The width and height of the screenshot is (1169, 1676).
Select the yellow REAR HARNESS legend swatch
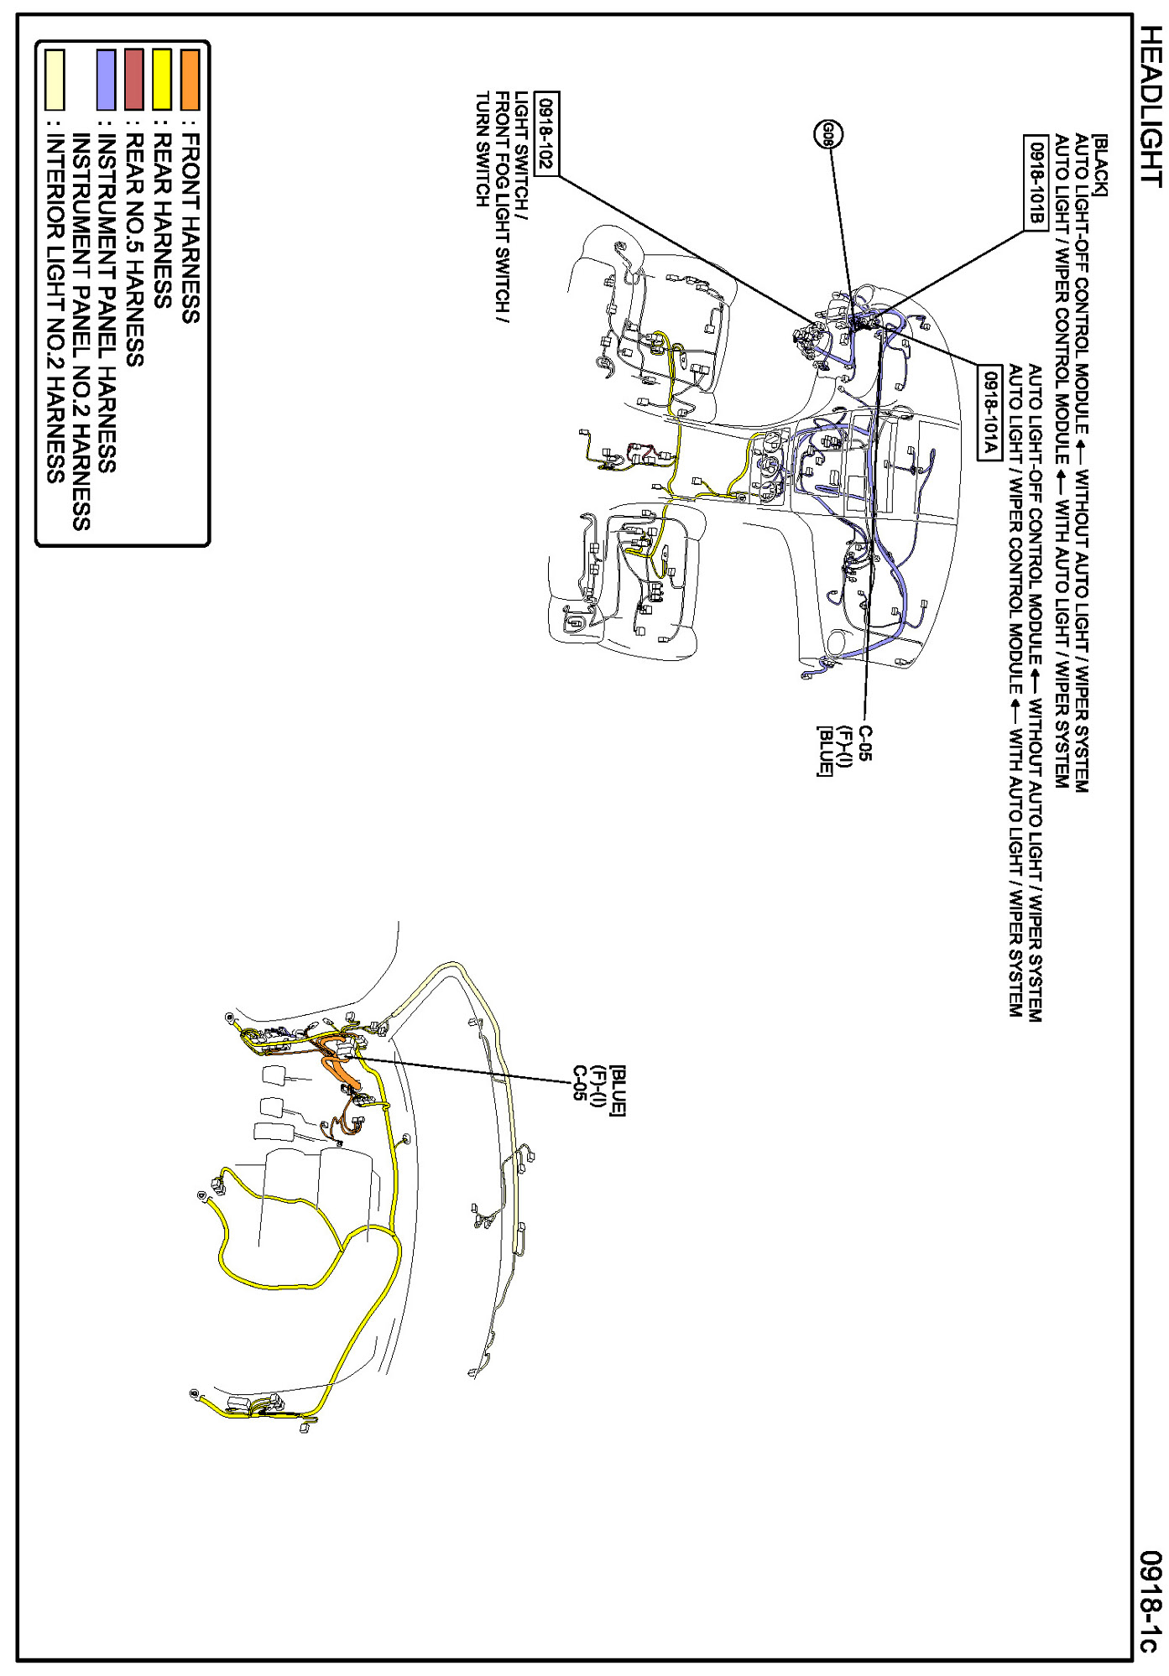pos(162,80)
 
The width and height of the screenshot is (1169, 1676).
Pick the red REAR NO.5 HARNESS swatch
pos(133,80)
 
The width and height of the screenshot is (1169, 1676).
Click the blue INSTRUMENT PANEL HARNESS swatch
pos(106,80)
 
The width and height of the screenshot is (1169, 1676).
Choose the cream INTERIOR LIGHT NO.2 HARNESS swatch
pos(55,80)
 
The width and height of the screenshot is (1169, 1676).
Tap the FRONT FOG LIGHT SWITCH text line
pos(502,207)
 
